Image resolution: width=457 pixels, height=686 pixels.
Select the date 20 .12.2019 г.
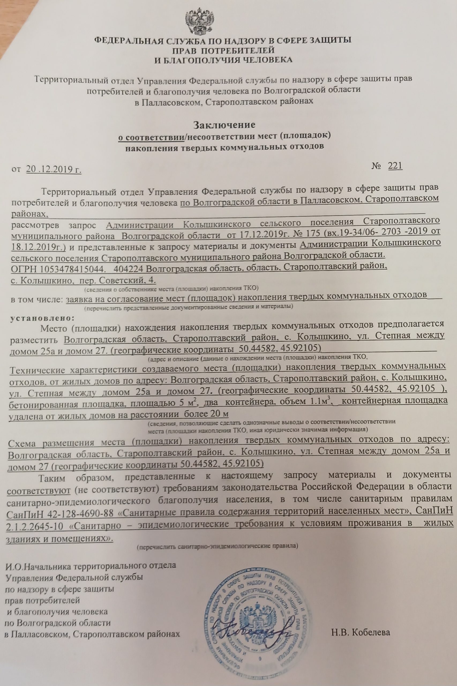tap(54, 169)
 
